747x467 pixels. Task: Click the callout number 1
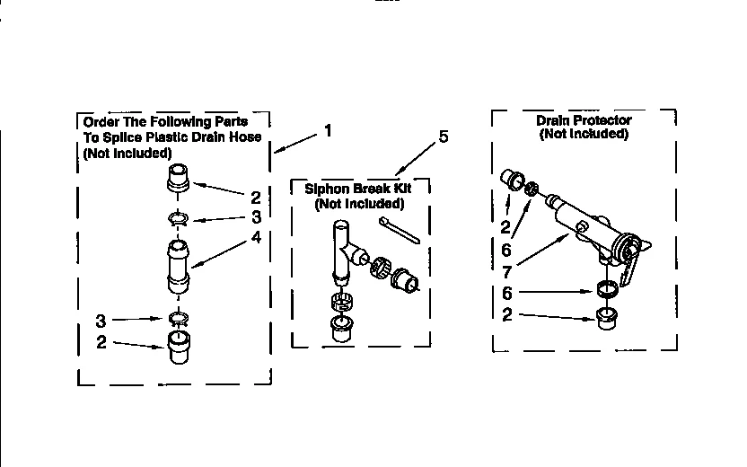click(328, 130)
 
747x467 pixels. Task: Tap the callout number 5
click(443, 137)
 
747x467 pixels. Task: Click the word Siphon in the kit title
click(326, 189)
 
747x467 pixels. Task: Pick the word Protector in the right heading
click(603, 120)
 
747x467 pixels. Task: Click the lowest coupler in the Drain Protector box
click(608, 317)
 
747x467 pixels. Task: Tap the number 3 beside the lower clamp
click(101, 321)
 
